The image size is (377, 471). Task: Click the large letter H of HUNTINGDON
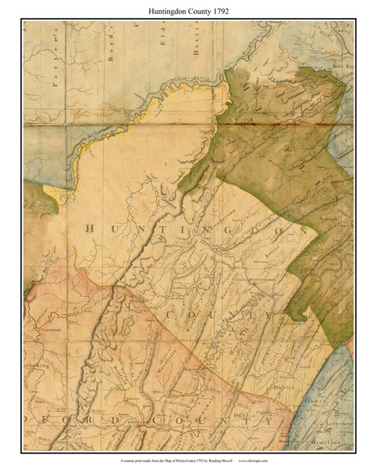[x=88, y=228]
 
